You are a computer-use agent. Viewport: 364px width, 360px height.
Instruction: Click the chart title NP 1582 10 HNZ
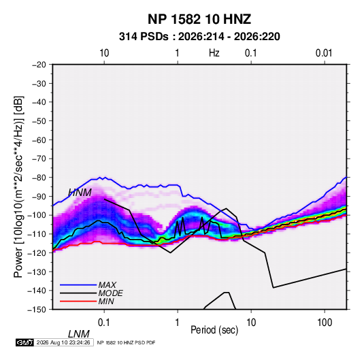point(199,19)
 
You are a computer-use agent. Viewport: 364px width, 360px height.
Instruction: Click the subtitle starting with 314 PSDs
point(199,37)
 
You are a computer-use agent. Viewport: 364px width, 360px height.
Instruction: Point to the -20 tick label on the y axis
point(39,65)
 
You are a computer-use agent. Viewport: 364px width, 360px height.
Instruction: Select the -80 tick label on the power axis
point(39,178)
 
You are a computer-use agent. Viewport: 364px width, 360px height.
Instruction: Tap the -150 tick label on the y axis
point(37,310)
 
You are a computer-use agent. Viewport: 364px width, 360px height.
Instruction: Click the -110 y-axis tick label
point(37,234)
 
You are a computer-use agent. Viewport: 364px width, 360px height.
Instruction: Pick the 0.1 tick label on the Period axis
point(104,323)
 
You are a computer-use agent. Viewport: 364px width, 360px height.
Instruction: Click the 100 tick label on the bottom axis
point(325,323)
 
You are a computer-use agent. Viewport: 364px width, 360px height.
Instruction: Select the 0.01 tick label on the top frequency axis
point(324,53)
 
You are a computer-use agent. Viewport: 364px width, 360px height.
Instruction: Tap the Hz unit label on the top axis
point(214,53)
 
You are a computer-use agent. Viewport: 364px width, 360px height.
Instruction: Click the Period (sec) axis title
point(214,330)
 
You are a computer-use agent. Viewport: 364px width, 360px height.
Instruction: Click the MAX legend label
point(107,285)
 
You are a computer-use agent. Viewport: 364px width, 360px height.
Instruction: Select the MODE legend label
point(110,293)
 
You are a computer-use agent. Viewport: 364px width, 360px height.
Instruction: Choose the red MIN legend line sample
point(78,301)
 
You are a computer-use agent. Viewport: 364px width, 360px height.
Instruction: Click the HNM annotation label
point(80,193)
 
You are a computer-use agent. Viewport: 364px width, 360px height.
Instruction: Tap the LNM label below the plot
point(79,334)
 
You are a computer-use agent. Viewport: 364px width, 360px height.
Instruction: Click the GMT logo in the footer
point(25,342)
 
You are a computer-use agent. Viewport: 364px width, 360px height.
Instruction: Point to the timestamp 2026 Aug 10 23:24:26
point(63,342)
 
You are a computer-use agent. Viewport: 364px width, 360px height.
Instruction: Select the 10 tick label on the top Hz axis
point(104,53)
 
